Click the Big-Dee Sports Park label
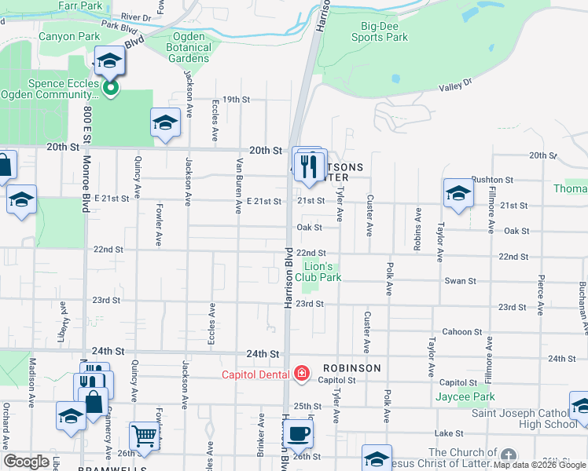click(379, 31)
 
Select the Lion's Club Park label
click(322, 272)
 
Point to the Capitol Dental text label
click(255, 374)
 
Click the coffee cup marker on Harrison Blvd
click(299, 433)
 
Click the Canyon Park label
click(69, 36)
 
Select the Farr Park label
click(80, 5)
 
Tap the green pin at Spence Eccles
click(111, 88)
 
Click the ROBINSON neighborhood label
click(351, 367)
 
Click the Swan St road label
click(461, 281)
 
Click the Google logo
click(26, 462)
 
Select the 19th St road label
click(235, 100)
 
